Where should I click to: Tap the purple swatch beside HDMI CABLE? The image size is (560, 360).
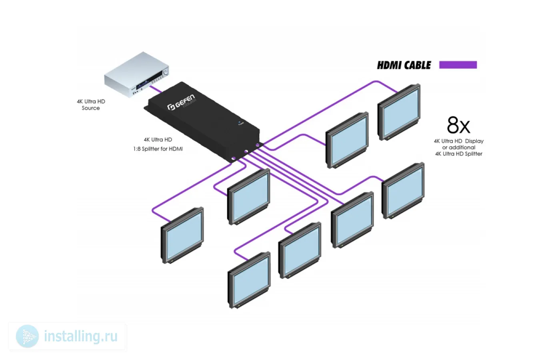[458, 65]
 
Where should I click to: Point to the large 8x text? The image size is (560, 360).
[458, 125]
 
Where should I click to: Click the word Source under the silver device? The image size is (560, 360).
[91, 108]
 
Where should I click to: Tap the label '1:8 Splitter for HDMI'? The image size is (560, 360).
[158, 149]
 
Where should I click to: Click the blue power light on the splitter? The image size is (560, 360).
[240, 122]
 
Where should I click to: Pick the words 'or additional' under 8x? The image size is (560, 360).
[458, 147]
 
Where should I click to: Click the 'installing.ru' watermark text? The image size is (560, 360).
[81, 336]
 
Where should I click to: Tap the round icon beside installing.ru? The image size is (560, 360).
[27, 336]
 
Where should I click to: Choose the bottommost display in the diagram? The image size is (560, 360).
[249, 280]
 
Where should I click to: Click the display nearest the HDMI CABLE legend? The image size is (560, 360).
[399, 112]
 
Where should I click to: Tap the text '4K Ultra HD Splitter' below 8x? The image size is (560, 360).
[458, 154]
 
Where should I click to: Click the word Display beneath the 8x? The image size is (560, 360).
[474, 141]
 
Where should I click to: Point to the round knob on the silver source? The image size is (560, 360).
[165, 72]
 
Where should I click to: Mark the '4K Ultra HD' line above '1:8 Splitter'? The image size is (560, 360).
[158, 140]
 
